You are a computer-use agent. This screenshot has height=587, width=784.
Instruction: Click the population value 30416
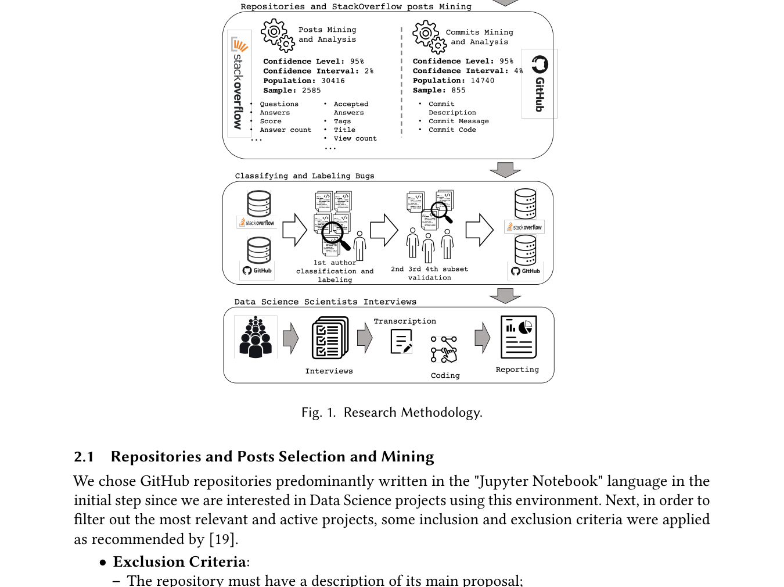(x=333, y=81)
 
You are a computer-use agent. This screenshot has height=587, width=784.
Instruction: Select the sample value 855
(x=459, y=91)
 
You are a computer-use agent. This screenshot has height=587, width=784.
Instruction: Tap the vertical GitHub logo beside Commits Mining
(x=540, y=84)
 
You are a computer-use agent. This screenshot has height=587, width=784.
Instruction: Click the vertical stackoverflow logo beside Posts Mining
(x=240, y=84)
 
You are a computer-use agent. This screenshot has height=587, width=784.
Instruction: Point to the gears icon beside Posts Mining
(x=278, y=35)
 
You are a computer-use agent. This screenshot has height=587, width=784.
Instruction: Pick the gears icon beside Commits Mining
(x=429, y=37)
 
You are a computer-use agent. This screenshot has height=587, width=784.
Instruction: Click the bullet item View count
(x=355, y=139)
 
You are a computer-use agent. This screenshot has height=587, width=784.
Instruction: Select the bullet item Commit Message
(x=459, y=121)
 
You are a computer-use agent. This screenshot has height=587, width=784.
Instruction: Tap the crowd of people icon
(x=256, y=337)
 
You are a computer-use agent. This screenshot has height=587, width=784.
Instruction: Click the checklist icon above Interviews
(x=330, y=338)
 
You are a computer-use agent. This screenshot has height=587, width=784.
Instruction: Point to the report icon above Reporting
(x=519, y=337)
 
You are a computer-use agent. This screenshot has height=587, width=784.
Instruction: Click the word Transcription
(x=405, y=321)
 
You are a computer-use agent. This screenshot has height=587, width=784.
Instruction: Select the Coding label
(x=445, y=375)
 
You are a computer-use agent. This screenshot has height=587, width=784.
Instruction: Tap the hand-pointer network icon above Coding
(x=444, y=349)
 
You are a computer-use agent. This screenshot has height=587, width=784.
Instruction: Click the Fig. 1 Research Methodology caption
(x=392, y=413)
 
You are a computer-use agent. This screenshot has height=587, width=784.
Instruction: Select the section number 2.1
(x=84, y=457)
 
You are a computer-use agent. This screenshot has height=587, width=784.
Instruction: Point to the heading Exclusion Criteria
(x=179, y=561)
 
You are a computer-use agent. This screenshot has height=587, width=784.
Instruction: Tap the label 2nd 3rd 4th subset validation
(x=429, y=273)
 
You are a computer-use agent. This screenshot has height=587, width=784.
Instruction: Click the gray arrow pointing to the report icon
(x=483, y=338)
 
